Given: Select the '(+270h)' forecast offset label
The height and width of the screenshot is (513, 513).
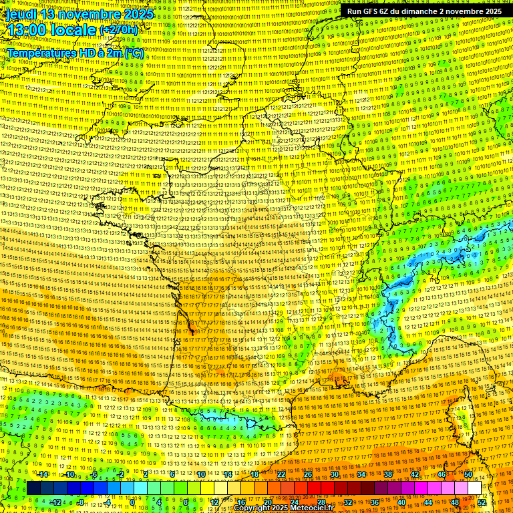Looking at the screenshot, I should pos(118,30).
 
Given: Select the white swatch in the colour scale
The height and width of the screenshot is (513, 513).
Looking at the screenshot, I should pos(474,488).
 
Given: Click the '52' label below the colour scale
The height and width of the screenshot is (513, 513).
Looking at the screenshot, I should pos(482,502).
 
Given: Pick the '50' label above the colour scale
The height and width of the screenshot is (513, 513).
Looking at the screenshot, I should pos(468,474).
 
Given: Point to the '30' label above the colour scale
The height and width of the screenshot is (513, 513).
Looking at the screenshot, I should pos(334,474).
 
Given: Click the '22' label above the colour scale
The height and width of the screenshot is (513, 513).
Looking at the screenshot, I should pos(281,474).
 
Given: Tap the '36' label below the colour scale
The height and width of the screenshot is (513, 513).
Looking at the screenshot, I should pos(375,502).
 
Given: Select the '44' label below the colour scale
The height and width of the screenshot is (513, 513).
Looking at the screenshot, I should pos(428,502).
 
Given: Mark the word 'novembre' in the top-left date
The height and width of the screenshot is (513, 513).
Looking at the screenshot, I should pos(90,14).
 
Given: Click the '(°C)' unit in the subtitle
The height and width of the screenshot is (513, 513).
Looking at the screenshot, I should pos(133,52).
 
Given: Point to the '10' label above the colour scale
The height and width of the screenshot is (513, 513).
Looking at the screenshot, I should pos(201,474).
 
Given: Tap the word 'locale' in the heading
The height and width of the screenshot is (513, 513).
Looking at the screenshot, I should pos(75,30).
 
